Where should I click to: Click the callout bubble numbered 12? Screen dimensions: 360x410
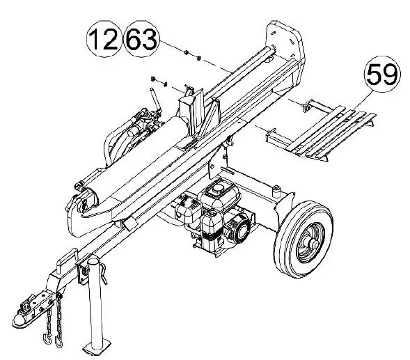[102, 39]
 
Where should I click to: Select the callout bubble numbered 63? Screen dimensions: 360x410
[141, 39]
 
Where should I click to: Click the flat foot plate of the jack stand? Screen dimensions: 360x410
[96, 345]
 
